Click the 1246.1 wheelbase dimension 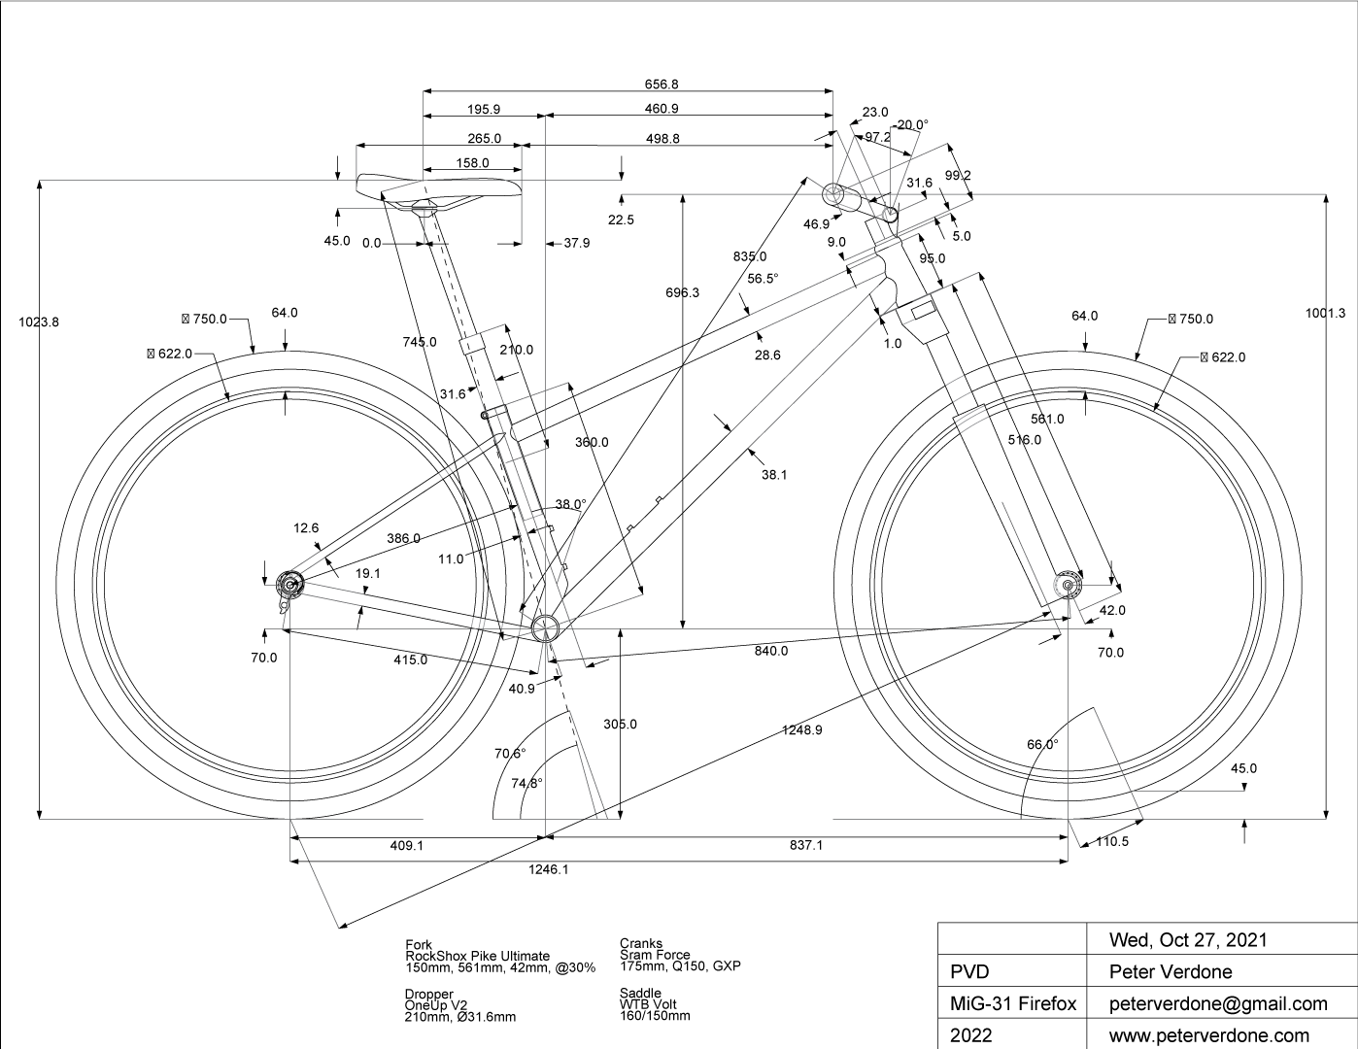tap(549, 869)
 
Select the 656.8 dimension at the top tap(662, 85)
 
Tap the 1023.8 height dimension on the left tap(39, 322)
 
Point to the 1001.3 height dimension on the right tap(1326, 313)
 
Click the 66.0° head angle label tap(1042, 745)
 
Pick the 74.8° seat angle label tap(526, 783)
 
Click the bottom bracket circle tap(545, 626)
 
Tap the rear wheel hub tap(289, 585)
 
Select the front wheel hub tap(1069, 585)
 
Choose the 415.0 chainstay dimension tap(410, 660)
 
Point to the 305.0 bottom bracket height tap(620, 724)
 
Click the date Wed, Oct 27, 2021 tap(1188, 939)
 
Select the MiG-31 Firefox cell tap(1010, 1003)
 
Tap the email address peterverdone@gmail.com tap(1218, 1003)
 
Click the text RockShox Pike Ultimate tap(477, 956)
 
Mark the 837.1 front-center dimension tap(805, 845)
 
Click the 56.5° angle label tap(763, 278)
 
